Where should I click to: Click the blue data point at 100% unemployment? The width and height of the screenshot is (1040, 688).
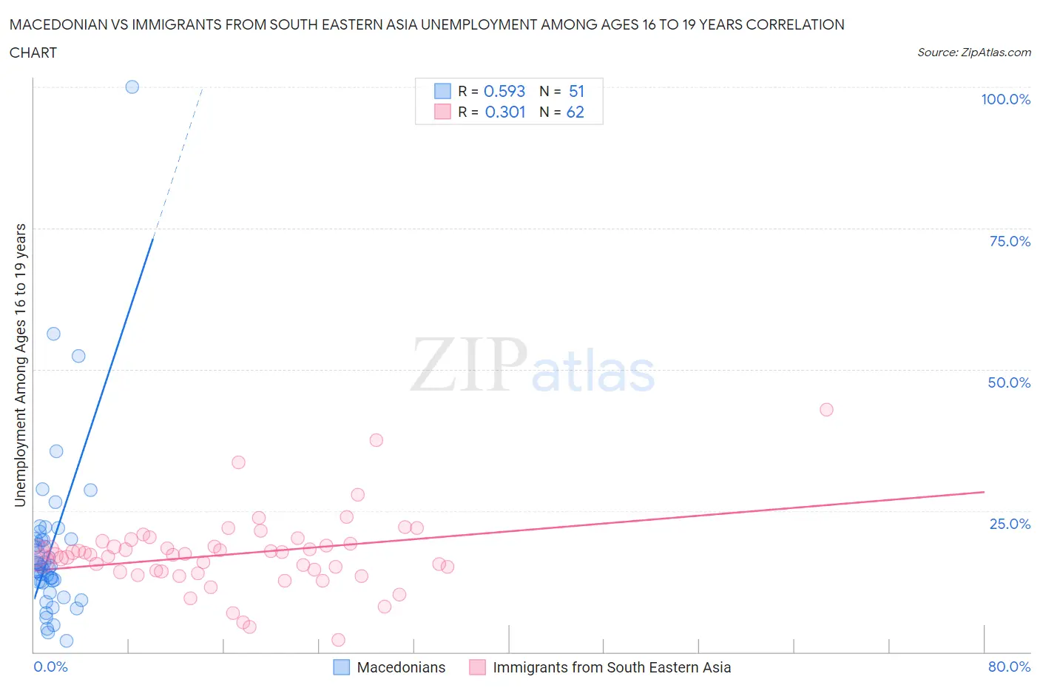[132, 87]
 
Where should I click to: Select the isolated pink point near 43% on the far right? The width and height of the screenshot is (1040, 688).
[826, 410]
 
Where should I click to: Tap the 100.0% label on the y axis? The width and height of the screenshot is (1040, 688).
[1005, 99]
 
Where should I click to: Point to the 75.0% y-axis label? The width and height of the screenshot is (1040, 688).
[1009, 241]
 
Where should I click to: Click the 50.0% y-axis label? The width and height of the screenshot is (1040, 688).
[1009, 382]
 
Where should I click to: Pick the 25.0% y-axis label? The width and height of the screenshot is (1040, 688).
[1009, 524]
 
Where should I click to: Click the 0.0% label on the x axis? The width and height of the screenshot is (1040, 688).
[50, 667]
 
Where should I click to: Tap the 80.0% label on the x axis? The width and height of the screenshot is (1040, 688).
[1009, 667]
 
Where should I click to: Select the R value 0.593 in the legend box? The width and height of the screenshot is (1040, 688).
[504, 91]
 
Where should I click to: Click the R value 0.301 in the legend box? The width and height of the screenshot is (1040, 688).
[505, 112]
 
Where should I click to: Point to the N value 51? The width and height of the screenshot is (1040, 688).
[576, 91]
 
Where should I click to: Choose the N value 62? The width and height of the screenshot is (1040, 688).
[575, 112]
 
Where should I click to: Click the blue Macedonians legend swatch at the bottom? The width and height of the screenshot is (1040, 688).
[341, 667]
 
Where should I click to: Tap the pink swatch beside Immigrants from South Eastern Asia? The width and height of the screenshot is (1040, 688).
[477, 667]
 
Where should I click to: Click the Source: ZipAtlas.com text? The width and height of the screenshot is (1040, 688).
[973, 52]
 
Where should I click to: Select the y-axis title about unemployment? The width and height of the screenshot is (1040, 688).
[21, 365]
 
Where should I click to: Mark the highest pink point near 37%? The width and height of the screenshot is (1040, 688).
[376, 440]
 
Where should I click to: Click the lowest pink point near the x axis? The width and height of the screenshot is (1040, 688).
[338, 640]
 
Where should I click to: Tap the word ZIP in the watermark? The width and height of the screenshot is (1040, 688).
[468, 365]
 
